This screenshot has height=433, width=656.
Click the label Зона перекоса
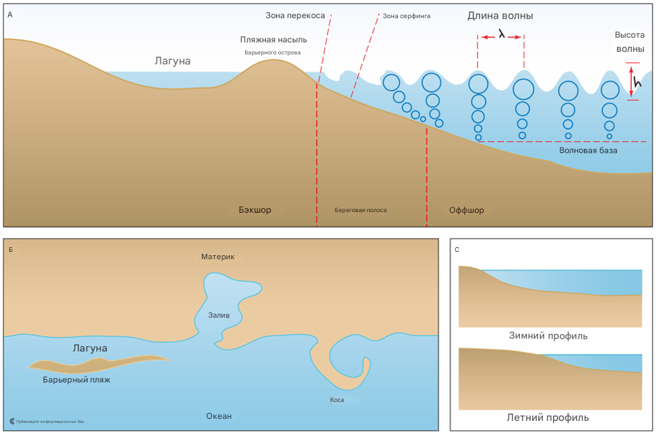(x=296, y=15)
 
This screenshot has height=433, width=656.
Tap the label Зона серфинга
(x=407, y=15)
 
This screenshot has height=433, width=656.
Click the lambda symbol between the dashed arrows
(x=502, y=32)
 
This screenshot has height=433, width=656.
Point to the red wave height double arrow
(x=632, y=81)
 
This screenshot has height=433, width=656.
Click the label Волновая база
(x=588, y=150)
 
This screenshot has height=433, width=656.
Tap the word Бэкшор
(x=255, y=210)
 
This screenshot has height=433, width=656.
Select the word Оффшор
(x=466, y=210)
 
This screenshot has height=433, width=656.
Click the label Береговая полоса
(x=360, y=210)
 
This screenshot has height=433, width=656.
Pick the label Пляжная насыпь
(x=273, y=40)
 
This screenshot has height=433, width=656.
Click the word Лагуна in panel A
(x=172, y=61)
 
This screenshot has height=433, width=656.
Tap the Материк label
(x=218, y=257)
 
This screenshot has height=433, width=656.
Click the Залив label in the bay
(x=219, y=314)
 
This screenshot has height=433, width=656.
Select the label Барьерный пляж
(x=76, y=380)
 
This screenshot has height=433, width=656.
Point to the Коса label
(x=337, y=399)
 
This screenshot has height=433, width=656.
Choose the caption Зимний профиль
(x=548, y=335)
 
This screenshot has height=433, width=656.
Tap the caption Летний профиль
(x=548, y=418)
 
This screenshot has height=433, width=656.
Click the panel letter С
(x=458, y=250)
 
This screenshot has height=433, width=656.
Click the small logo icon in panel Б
(x=13, y=422)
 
